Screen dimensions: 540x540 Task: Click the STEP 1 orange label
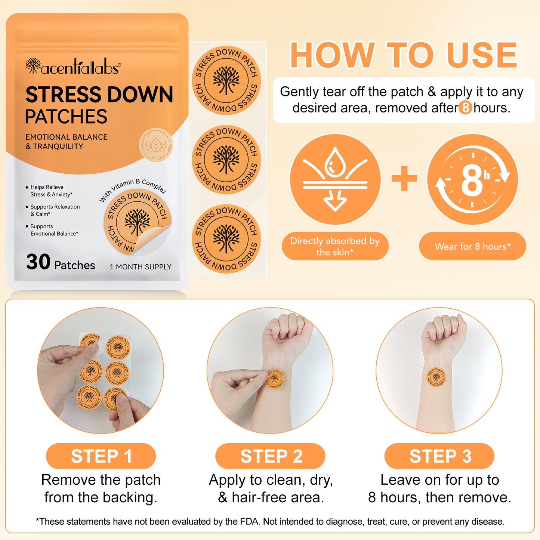click(x=101, y=456)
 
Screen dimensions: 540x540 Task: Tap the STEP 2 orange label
click(x=270, y=456)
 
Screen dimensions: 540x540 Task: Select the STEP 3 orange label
click(x=439, y=456)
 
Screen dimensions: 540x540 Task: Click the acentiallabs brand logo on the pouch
click(x=73, y=67)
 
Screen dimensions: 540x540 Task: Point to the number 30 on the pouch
click(x=38, y=262)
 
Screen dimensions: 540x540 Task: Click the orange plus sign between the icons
click(x=404, y=178)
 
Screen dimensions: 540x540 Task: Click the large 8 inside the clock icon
click(x=472, y=180)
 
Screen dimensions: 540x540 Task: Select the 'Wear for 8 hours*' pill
click(x=472, y=246)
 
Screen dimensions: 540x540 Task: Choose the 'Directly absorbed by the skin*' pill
click(x=335, y=246)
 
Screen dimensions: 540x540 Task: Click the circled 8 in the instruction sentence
click(x=465, y=108)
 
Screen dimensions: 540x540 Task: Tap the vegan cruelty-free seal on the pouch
click(x=156, y=145)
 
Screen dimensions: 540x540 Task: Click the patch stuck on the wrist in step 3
click(x=436, y=377)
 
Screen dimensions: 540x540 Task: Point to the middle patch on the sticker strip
click(x=226, y=160)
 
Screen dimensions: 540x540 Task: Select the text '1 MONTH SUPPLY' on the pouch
click(x=141, y=267)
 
